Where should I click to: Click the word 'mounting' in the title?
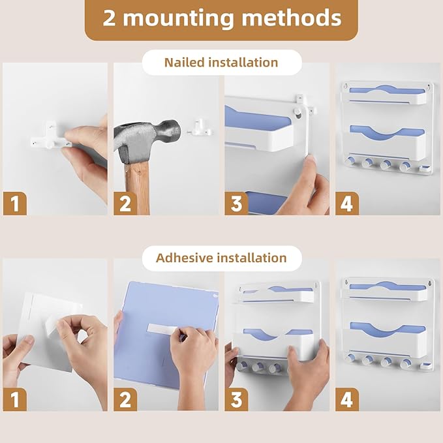click(179, 19)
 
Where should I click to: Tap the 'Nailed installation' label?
click(221, 63)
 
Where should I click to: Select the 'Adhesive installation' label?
click(221, 258)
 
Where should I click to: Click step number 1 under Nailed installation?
click(15, 204)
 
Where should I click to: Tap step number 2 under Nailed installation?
click(125, 204)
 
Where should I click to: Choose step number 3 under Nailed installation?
click(236, 204)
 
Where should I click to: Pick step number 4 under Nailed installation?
click(347, 204)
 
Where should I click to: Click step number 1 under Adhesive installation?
click(15, 399)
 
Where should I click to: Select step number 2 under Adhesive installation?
click(125, 399)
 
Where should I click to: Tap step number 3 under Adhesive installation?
click(236, 399)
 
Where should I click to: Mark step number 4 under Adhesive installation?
click(347, 399)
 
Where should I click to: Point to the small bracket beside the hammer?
click(200, 128)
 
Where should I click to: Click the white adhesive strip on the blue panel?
click(162, 328)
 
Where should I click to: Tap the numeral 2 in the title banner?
click(109, 18)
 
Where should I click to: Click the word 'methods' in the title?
click(292, 18)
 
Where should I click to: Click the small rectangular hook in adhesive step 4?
click(425, 366)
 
